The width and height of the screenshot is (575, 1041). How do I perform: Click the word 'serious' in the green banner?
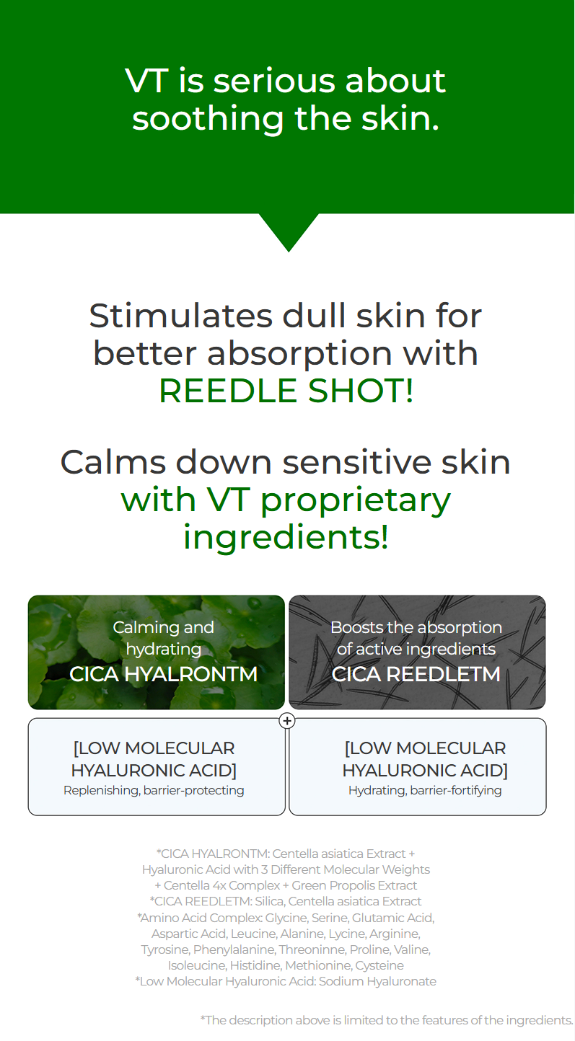[x=274, y=81]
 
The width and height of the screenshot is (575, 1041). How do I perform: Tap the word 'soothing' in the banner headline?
[x=208, y=120]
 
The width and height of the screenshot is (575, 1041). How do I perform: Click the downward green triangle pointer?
[x=289, y=232]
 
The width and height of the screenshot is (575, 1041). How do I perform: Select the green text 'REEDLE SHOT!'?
[x=286, y=391]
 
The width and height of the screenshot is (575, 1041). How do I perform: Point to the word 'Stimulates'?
[x=180, y=316]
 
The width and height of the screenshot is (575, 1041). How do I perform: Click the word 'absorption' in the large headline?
[x=299, y=354]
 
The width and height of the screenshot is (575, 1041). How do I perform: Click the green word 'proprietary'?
[x=356, y=502]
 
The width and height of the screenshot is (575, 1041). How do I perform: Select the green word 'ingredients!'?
[x=286, y=538]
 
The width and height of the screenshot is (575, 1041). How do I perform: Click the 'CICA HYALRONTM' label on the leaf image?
[x=163, y=674]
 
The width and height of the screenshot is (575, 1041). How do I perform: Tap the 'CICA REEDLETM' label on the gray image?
[x=416, y=674]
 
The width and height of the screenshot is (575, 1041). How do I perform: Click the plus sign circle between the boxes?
[x=287, y=721]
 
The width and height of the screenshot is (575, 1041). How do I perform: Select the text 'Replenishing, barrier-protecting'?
[x=154, y=790]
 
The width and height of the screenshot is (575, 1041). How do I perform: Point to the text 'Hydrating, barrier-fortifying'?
[x=425, y=790]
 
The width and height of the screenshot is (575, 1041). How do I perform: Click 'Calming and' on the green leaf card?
[x=163, y=627]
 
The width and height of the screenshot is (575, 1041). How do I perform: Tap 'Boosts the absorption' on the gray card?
[x=416, y=627]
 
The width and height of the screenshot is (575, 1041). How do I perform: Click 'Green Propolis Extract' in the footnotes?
[x=354, y=885]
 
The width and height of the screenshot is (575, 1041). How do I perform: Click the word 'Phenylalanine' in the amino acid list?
[x=234, y=949]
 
